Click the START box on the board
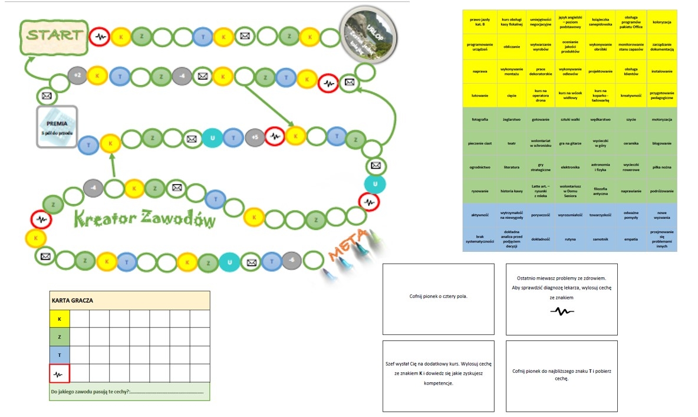coord(54,36)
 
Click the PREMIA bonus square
coord(57,127)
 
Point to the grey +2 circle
coord(77,75)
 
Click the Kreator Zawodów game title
coord(145,219)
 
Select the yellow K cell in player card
coord(60,319)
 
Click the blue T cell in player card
coord(60,355)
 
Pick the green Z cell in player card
coord(60,337)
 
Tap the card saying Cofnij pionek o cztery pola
coord(438,296)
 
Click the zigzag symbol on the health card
coord(561,311)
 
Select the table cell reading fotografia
coord(480,119)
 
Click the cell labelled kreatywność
coord(631,94)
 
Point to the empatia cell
coord(631,239)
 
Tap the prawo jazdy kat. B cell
coord(480,22)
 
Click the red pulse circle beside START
coord(99,37)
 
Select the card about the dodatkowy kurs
coord(438,376)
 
